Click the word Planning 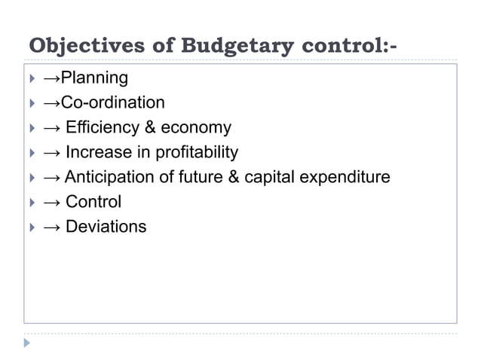pyautogui.click(x=94, y=78)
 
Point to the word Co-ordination pyautogui.click(x=112, y=102)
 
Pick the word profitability pyautogui.click(x=195, y=152)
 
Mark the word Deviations pyautogui.click(x=106, y=227)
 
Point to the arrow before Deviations pyautogui.click(x=52, y=227)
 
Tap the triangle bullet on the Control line pyautogui.click(x=31, y=202)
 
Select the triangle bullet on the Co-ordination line pyautogui.click(x=31, y=102)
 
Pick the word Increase pyautogui.click(x=97, y=152)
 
